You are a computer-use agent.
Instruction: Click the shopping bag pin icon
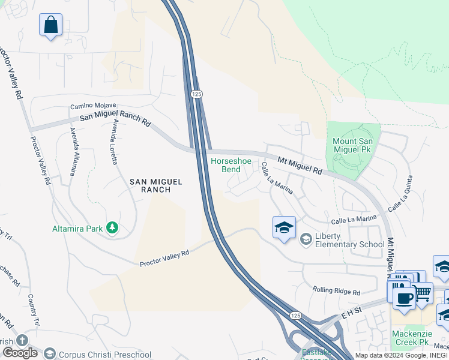click(51, 25)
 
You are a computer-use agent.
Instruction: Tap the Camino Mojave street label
click(93, 106)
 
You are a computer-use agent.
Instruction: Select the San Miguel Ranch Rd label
click(115, 117)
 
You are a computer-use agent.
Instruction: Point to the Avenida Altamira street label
click(73, 151)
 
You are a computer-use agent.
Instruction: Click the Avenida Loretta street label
click(112, 142)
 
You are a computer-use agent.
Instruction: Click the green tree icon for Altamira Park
click(111, 227)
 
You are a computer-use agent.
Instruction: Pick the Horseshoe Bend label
click(226, 165)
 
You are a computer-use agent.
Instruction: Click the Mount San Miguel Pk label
click(354, 145)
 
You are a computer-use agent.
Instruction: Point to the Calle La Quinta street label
click(400, 193)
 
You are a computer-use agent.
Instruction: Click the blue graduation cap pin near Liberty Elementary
click(284, 227)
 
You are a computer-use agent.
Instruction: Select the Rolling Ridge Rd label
click(336, 292)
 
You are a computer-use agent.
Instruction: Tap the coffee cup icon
click(404, 298)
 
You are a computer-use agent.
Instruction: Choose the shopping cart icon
click(422, 293)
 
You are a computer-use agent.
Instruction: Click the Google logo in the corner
click(20, 353)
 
